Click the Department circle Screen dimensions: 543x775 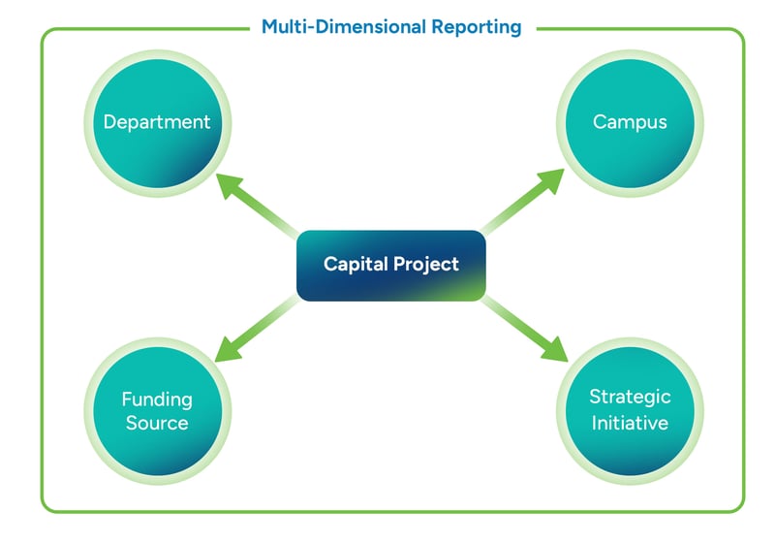coord(157,122)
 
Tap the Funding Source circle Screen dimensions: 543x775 coord(157,410)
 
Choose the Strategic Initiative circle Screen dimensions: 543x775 coord(630,410)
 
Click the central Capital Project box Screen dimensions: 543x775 coord(390,265)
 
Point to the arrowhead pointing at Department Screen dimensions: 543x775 coord(230,185)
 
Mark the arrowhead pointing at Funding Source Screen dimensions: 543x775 coord(229,347)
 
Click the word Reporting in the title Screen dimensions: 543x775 coord(475,27)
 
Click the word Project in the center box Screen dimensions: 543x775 coord(425,264)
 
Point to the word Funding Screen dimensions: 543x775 coord(157,399)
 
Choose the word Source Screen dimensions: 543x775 coord(157,423)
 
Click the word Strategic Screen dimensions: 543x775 coord(630,398)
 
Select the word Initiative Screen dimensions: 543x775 coord(630,423)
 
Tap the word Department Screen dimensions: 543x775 coord(157,122)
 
